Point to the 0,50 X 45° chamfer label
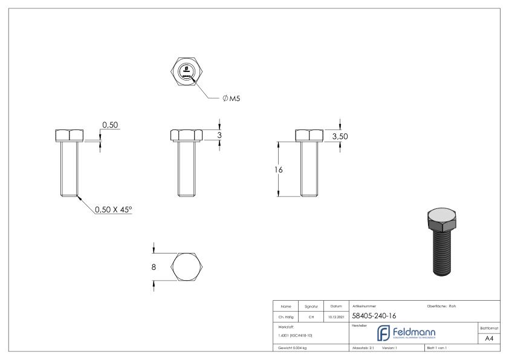[113, 209]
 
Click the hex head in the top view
[187, 71]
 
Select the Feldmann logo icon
[384, 333]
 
